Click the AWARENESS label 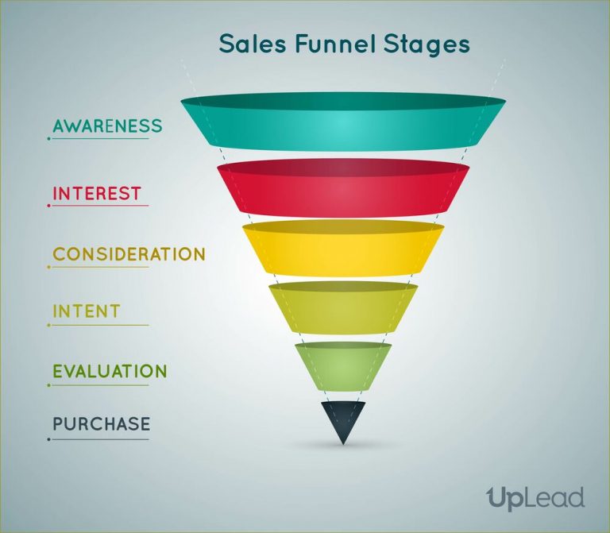[107, 126]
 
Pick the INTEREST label [97, 193]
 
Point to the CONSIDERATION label [129, 254]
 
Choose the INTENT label [87, 311]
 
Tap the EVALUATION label [110, 372]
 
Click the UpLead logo [535, 499]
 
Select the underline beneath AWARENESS [99, 139]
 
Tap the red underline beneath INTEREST [99, 206]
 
